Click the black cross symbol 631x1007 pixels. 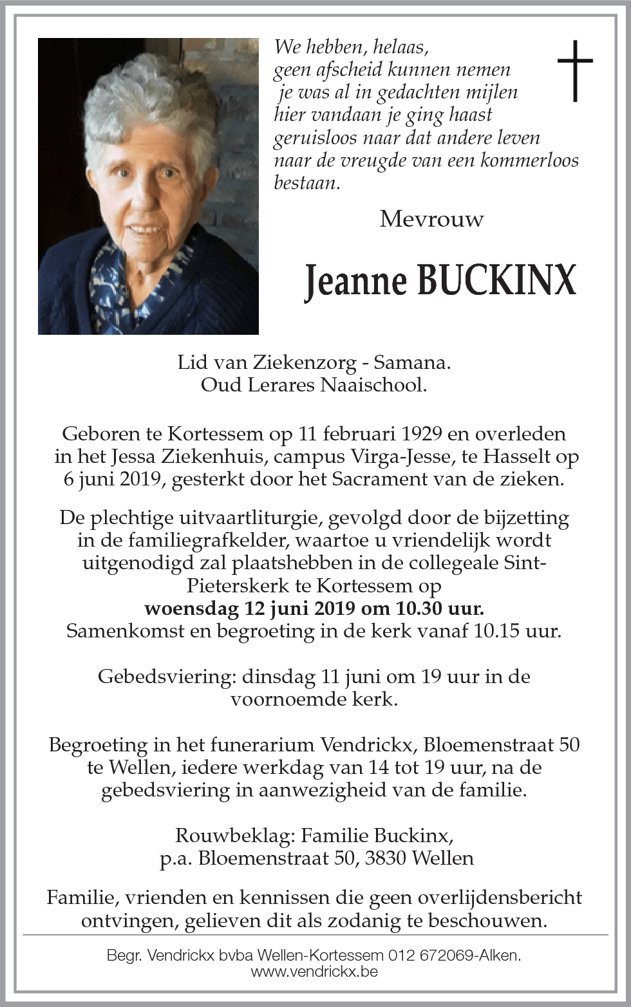click(x=574, y=70)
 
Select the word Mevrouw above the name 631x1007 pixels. click(x=431, y=220)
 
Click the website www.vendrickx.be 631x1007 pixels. click(x=314, y=972)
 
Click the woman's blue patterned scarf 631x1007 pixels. click(x=122, y=283)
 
